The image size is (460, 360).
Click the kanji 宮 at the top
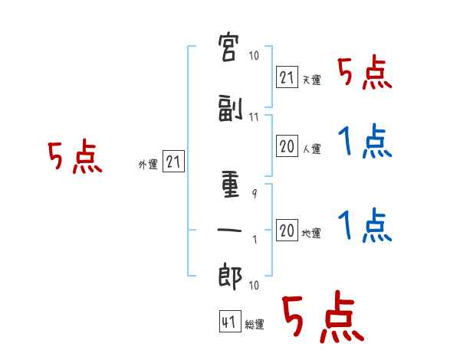[228, 47]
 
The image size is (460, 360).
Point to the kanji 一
[229, 230]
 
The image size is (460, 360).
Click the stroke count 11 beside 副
[254, 117]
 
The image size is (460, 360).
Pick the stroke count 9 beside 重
[255, 194]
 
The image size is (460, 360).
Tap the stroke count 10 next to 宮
[254, 55]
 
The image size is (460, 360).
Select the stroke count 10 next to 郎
[254, 285]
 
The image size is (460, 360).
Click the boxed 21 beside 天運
[287, 77]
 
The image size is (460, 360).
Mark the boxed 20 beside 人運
[287, 146]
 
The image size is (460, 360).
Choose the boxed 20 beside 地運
[287, 230]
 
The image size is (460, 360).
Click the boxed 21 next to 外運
[173, 162]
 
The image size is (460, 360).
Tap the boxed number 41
[230, 322]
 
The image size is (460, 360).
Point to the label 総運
[255, 325]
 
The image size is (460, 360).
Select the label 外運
[148, 165]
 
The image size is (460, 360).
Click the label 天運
[311, 80]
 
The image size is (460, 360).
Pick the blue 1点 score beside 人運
[365, 141]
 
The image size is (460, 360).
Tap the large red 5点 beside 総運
[324, 316]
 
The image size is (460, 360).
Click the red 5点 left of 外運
[75, 156]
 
